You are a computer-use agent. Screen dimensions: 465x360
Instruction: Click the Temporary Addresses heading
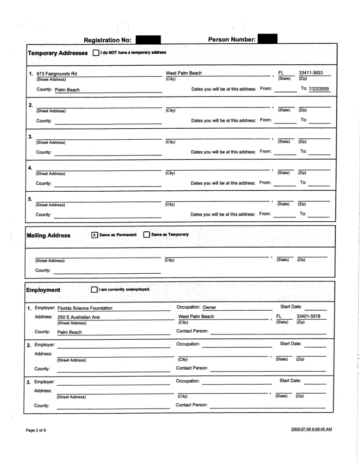58,53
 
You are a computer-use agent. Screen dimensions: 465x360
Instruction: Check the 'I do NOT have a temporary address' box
96,53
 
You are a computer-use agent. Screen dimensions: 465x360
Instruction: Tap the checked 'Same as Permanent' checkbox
94,235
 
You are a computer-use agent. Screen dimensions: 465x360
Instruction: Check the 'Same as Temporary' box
147,235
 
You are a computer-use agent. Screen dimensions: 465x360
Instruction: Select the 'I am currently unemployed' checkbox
94,290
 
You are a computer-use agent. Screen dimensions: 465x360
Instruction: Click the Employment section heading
43,290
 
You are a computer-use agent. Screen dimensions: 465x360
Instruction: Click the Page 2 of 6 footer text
36,430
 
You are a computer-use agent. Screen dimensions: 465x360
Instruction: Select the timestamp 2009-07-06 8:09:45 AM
311,429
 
